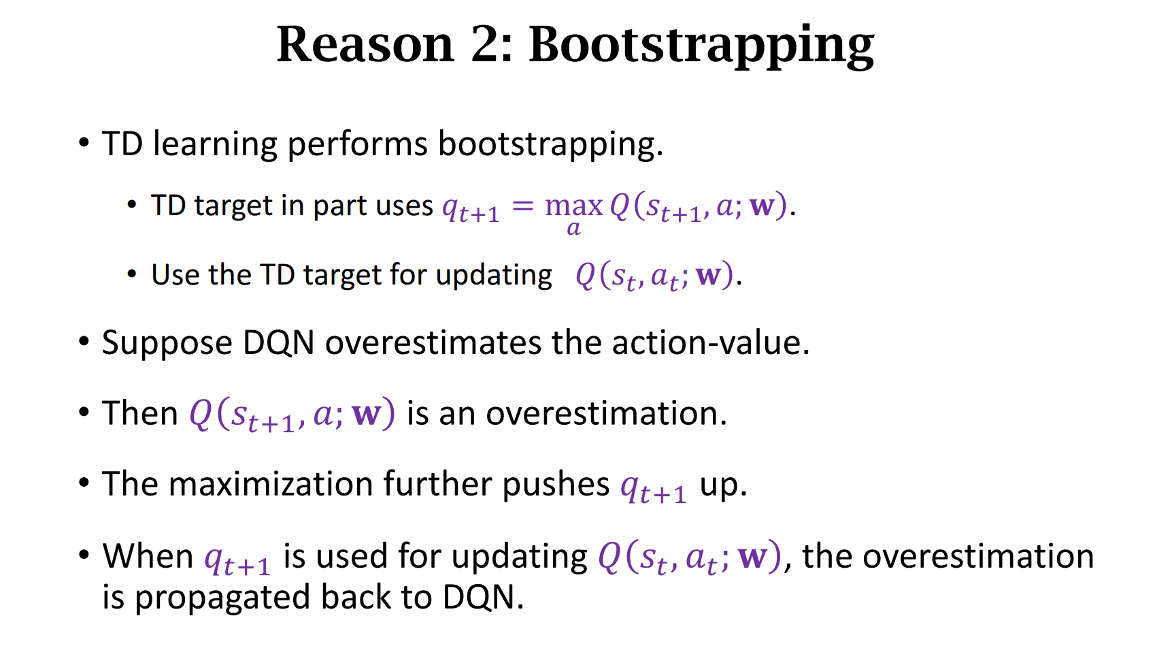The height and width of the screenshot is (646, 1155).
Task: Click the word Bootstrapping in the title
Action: tap(701, 46)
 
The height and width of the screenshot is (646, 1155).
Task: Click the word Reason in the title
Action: tap(365, 44)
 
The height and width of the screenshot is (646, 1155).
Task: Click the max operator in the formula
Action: tap(574, 206)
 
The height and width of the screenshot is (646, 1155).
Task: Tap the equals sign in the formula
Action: tap(522, 206)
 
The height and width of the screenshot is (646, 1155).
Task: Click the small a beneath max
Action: tap(573, 229)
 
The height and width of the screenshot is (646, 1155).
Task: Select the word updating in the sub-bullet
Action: tap(493, 275)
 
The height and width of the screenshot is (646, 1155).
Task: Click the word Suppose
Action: tap(167, 344)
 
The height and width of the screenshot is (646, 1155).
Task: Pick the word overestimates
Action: tap(433, 342)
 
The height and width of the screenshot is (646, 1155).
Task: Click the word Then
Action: tap(139, 413)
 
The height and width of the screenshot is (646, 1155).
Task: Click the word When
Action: tap(148, 556)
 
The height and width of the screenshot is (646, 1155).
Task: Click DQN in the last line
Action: tap(483, 597)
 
